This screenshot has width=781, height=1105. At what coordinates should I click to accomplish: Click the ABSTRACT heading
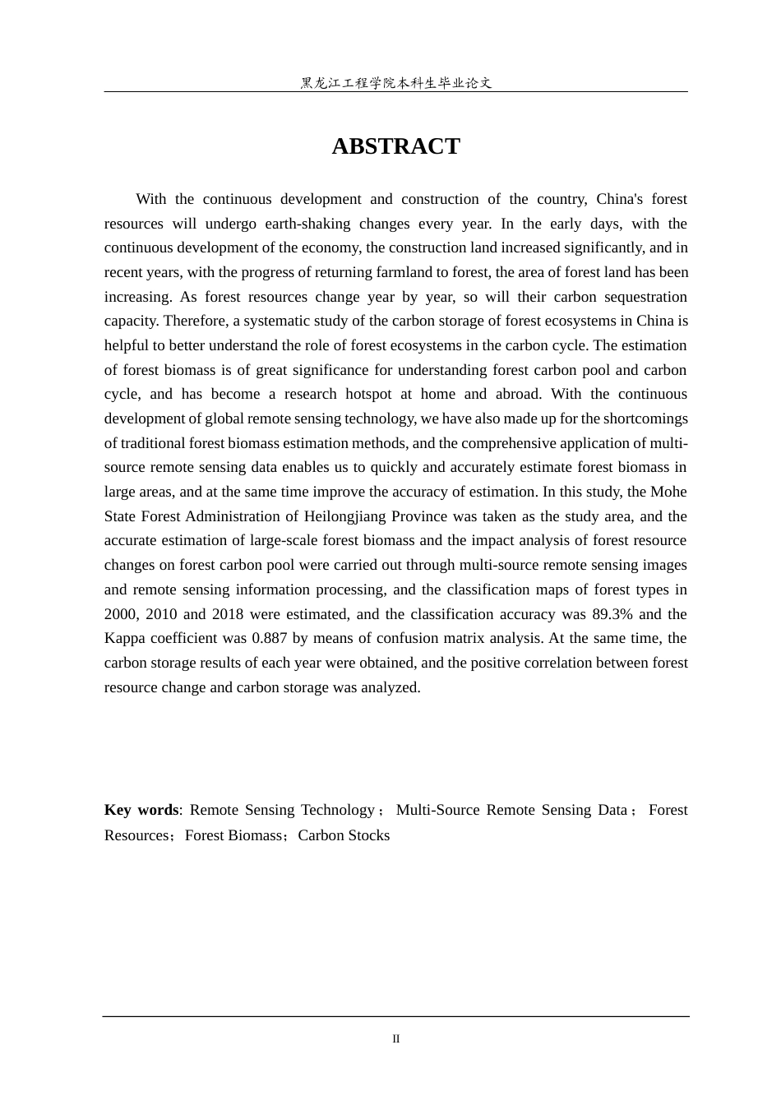click(x=395, y=146)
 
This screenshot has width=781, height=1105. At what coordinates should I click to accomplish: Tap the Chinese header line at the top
click(x=395, y=83)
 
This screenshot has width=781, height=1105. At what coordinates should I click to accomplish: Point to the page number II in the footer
click(x=395, y=1039)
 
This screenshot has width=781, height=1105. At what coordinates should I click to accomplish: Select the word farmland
click(x=426, y=272)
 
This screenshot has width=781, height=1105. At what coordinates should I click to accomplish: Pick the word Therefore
click(x=135, y=321)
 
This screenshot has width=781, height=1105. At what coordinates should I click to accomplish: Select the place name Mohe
click(x=669, y=492)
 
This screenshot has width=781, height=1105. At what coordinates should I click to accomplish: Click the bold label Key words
click(x=141, y=810)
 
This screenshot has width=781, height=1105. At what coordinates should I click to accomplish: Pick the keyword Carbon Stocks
click(x=344, y=835)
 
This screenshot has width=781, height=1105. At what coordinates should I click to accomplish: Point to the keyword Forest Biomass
click(x=233, y=835)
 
